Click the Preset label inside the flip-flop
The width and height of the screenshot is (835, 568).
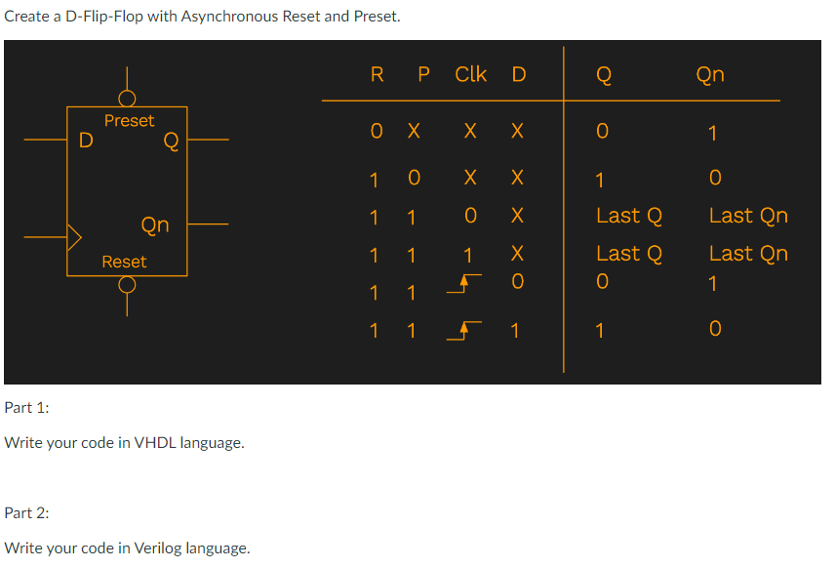129,121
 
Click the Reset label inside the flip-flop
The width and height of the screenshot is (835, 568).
124,262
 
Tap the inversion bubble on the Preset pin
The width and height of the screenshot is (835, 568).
127,99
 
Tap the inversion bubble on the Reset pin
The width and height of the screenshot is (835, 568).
127,284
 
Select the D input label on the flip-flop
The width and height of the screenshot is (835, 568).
86,141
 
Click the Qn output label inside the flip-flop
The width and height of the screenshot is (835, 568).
155,224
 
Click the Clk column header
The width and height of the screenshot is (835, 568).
471,74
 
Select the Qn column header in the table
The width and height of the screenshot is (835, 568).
710,74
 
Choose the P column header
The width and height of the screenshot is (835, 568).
422,74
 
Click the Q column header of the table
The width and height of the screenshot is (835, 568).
604,75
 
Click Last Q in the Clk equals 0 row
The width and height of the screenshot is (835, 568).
629,216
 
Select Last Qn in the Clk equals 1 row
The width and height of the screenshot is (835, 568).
748,254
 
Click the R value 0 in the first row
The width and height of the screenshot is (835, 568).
377,131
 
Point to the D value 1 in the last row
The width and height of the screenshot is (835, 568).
517,332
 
